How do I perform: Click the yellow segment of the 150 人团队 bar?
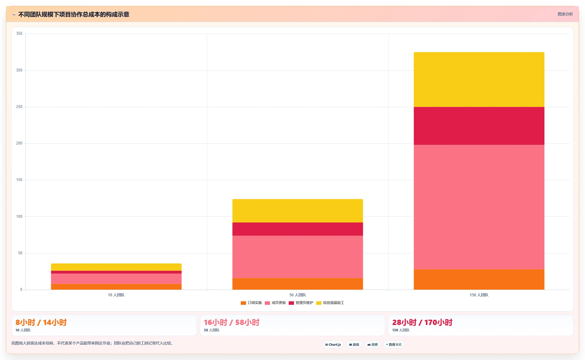click(479, 79)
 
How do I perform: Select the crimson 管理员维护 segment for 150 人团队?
click(479, 126)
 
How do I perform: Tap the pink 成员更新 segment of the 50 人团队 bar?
click(297, 257)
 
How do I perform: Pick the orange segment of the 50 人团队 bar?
click(297, 284)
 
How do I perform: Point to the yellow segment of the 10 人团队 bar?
click(116, 267)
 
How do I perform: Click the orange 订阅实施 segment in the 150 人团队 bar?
click(479, 279)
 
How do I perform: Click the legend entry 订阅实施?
click(251, 303)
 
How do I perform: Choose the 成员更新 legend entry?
click(275, 303)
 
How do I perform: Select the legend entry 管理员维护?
click(301, 303)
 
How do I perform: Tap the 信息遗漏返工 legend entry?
click(330, 303)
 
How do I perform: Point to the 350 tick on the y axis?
click(19, 34)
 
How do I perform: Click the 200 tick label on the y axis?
click(19, 143)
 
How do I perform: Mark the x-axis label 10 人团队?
click(116, 295)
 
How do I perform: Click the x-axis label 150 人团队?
click(479, 295)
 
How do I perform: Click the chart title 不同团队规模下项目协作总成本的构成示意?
click(74, 14)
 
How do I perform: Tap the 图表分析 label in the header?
click(565, 14)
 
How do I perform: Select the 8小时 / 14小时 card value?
click(41, 322)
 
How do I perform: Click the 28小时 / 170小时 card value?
click(422, 322)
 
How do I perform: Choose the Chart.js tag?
click(333, 345)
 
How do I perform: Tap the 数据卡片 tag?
click(394, 345)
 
